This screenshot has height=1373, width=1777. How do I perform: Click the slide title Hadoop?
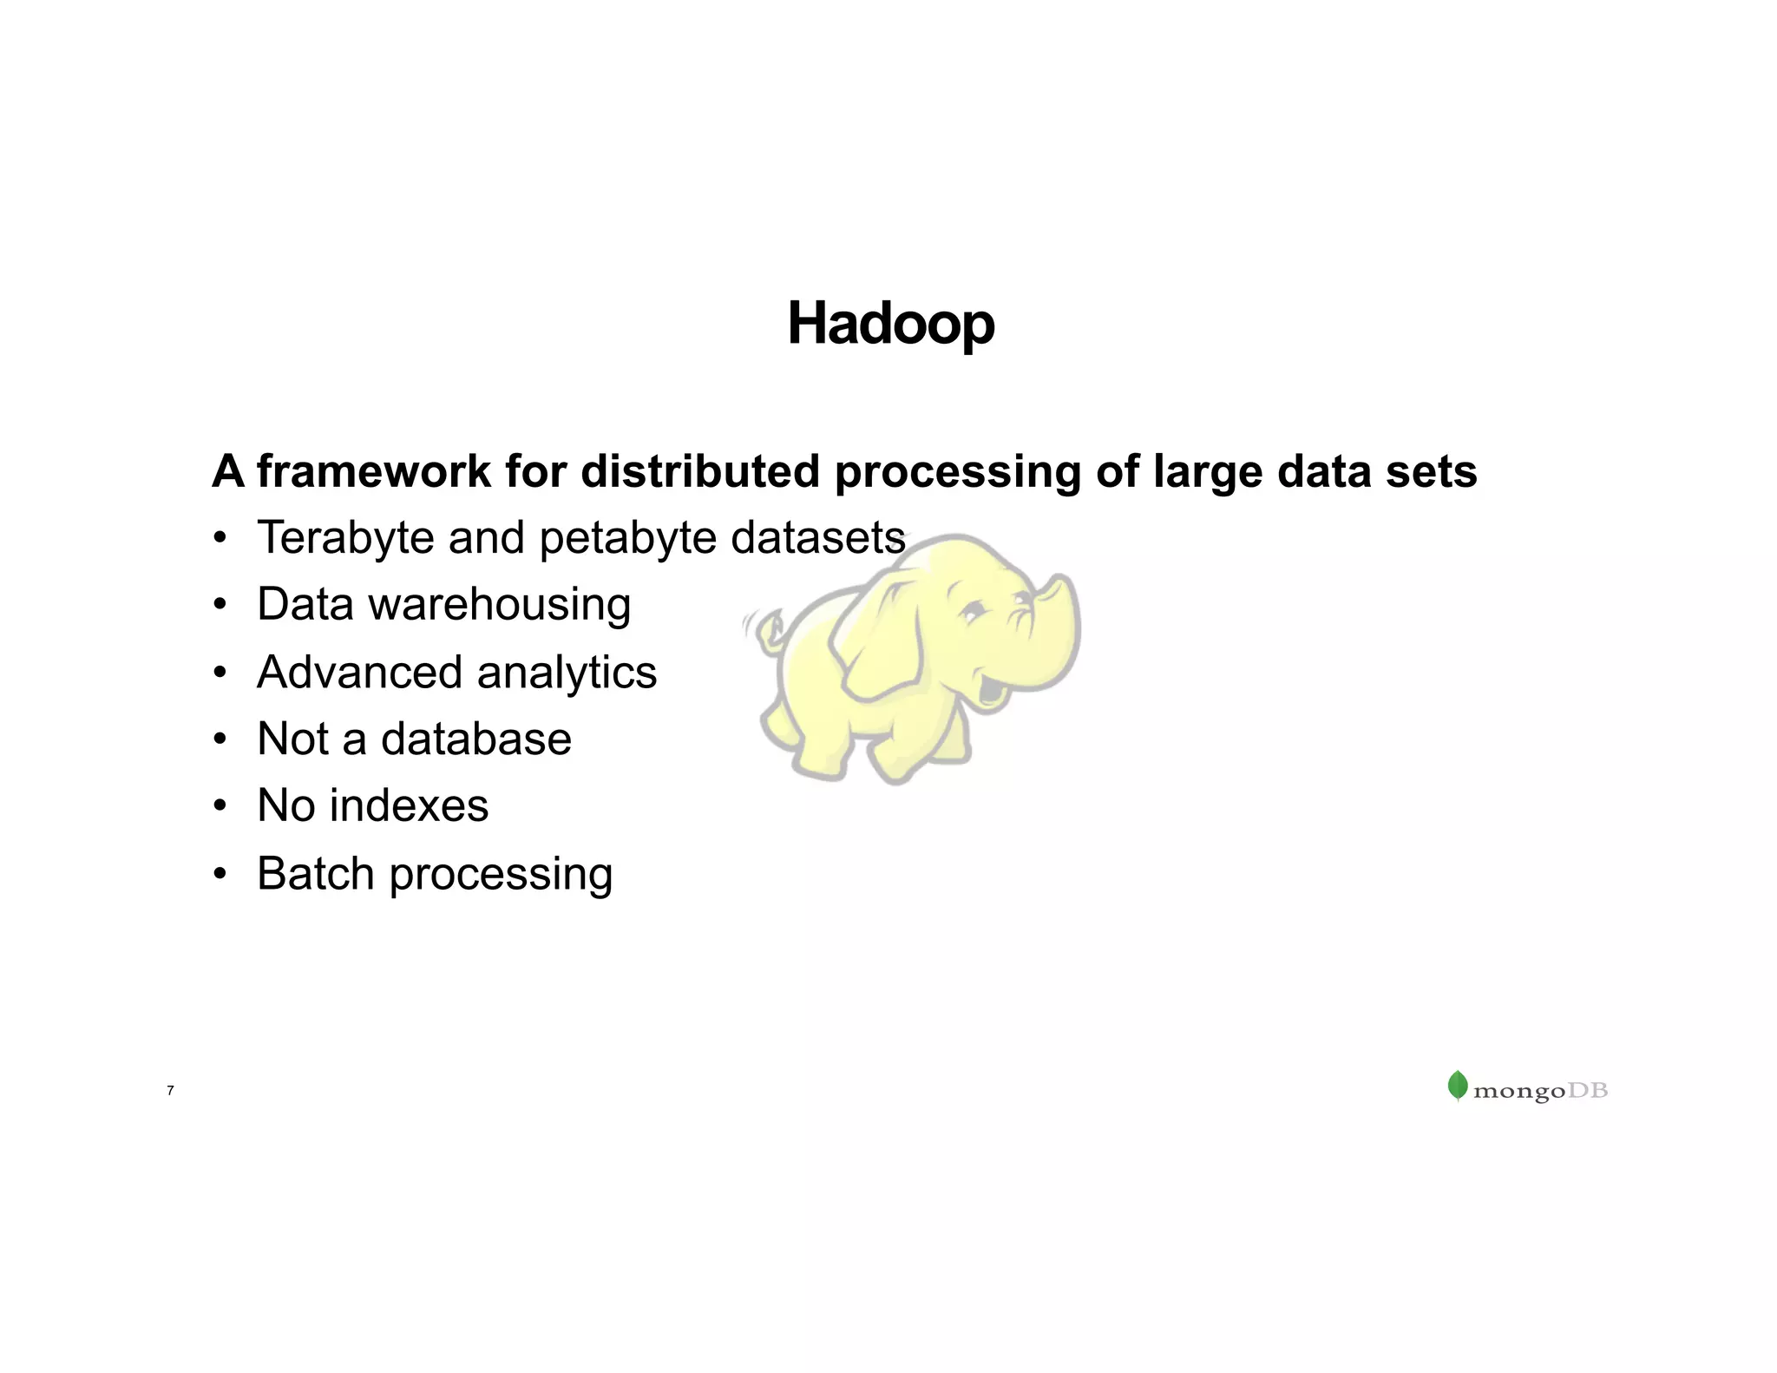point(890,324)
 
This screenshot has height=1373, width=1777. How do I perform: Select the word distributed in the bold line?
point(700,472)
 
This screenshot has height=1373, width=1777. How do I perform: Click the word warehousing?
point(500,606)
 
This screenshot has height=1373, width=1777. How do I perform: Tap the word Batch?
point(315,873)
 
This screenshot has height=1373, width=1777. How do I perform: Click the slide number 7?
point(170,1090)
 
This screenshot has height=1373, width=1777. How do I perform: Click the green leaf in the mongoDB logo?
point(1458,1086)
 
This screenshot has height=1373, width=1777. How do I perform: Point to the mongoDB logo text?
point(1540,1091)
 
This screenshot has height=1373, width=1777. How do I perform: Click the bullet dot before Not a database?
point(220,739)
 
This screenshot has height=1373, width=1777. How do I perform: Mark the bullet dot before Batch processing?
point(220,874)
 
